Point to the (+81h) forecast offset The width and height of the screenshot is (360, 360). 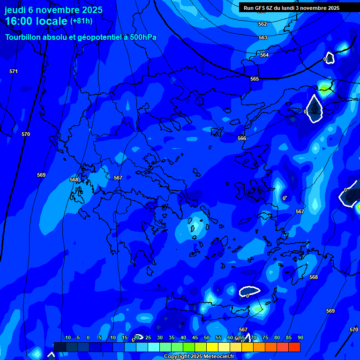(x=81, y=21)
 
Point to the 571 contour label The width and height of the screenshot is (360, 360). (x=14, y=71)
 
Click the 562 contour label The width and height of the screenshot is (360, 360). (x=262, y=24)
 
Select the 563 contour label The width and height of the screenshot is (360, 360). (x=263, y=37)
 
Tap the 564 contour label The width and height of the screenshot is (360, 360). (x=264, y=55)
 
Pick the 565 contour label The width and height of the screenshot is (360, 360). (x=255, y=79)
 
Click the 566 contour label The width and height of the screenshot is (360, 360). (x=242, y=138)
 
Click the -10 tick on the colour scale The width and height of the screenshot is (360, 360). (x=67, y=337)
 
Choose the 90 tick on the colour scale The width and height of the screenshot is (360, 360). (x=300, y=337)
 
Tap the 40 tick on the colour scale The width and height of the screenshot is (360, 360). (x=183, y=337)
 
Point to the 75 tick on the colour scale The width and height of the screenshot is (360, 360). (x=265, y=337)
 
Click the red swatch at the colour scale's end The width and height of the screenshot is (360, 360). (x=294, y=347)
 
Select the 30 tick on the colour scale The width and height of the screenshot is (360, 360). (x=159, y=337)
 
